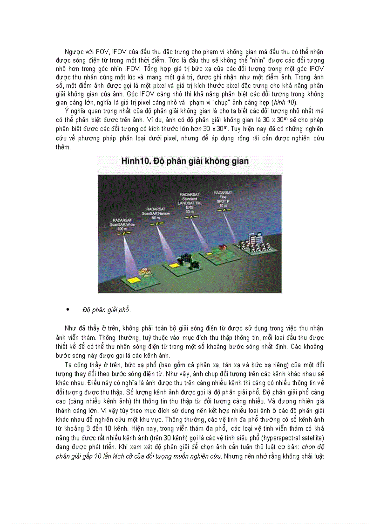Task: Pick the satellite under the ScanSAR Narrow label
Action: (160, 223)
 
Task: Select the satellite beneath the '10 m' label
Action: (226, 210)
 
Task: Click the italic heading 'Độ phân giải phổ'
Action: (107, 310)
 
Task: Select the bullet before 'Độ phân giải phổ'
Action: (68, 309)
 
